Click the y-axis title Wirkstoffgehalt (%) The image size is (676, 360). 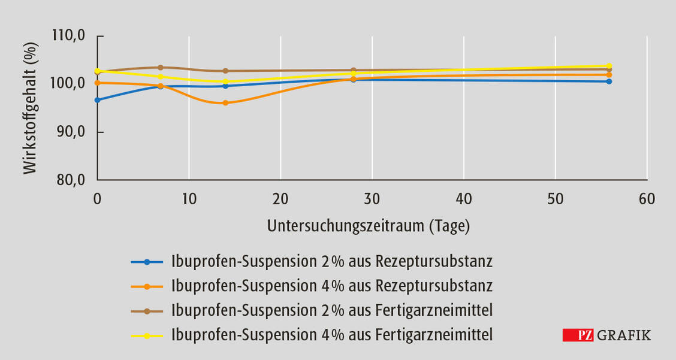pos(30,108)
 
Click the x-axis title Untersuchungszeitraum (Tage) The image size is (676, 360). pos(369,226)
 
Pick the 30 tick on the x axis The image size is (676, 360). pos(372,199)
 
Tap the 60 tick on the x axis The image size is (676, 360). pos(647,199)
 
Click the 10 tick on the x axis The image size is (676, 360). pos(189,199)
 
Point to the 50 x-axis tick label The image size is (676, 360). pos(556,199)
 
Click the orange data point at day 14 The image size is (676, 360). pos(225,103)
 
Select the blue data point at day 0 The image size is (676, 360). pos(98,100)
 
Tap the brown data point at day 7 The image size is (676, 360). pos(161,68)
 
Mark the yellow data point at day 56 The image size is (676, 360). pos(609,66)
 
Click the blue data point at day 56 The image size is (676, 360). pos(609,81)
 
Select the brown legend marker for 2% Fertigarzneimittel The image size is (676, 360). pos(147,311)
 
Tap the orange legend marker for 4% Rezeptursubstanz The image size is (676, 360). pos(147,286)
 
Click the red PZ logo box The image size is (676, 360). pos(578,335)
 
